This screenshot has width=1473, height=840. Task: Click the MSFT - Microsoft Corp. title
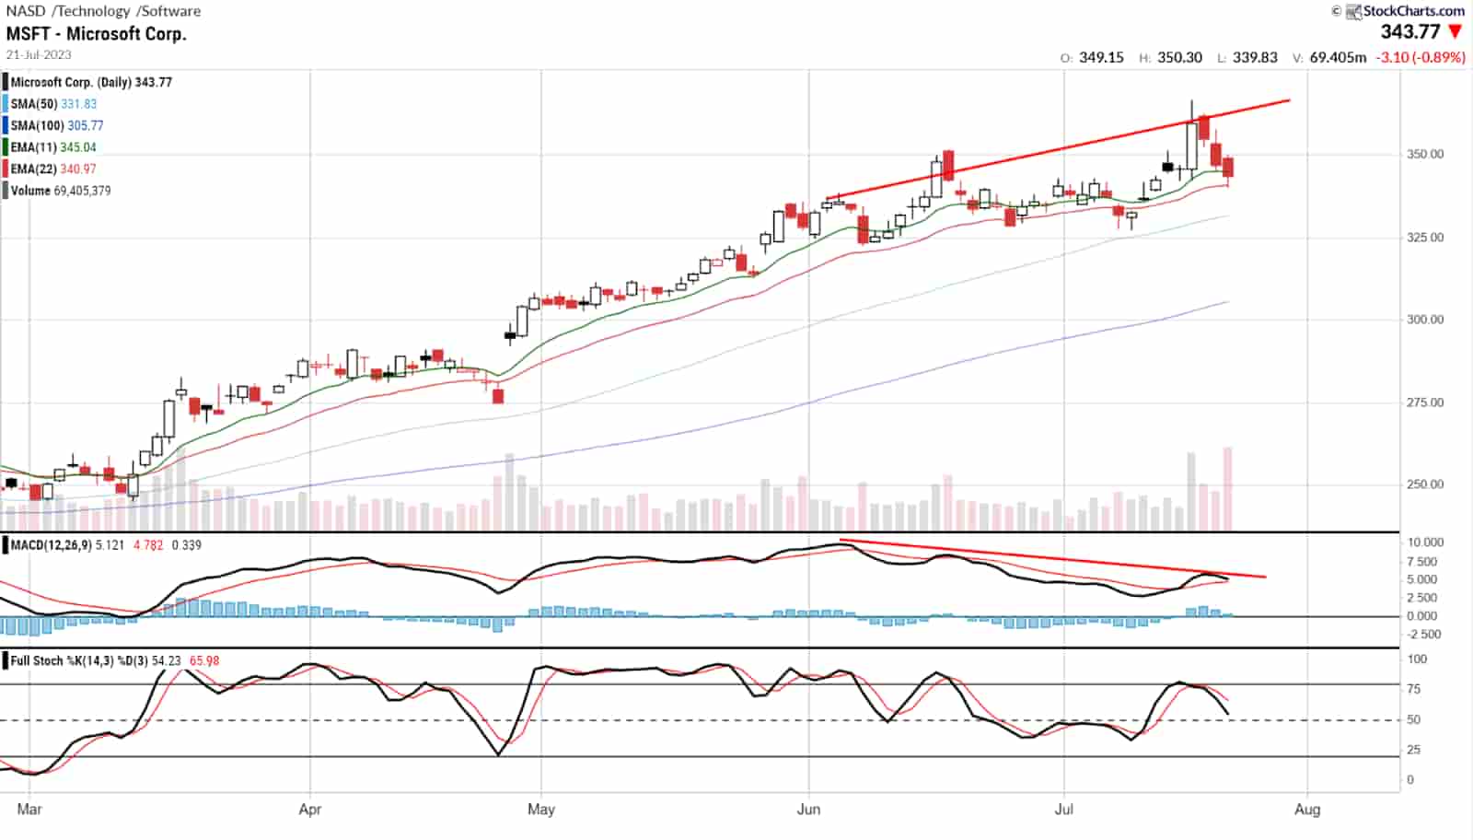point(97,34)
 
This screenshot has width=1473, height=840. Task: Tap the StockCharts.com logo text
point(1413,11)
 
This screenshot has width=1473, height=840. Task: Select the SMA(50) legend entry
point(53,104)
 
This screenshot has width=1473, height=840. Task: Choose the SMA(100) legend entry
point(57,125)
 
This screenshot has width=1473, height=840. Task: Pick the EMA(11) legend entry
point(53,147)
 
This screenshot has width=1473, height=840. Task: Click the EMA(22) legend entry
point(53,169)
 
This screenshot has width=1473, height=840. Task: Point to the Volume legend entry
point(61,191)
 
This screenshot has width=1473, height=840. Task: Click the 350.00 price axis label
point(1425,155)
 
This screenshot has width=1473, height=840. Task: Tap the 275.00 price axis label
point(1425,402)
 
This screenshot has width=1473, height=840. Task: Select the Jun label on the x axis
point(808,810)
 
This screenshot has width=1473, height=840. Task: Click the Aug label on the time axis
point(1307,810)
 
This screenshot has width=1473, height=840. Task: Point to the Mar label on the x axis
point(29,810)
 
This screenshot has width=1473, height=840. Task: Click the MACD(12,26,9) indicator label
point(52,545)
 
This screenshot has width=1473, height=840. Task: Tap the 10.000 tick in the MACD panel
point(1425,542)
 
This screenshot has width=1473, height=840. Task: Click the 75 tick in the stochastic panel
point(1417,689)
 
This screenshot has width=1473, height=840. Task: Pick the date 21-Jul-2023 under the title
point(39,54)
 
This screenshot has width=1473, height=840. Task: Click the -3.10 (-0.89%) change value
point(1420,57)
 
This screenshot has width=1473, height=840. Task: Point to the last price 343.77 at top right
point(1409,32)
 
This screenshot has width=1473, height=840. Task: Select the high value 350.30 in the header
point(1179,57)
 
